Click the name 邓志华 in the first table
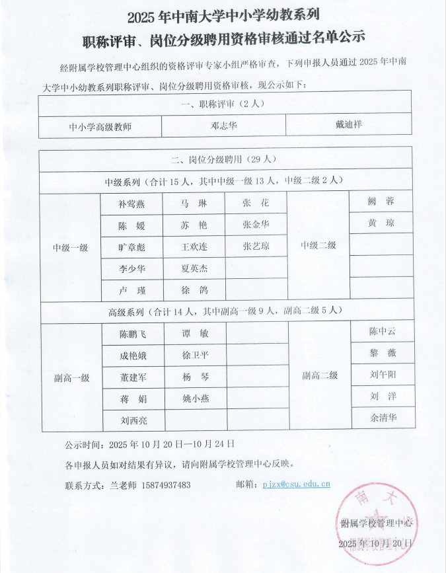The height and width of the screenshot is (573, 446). pos(223,125)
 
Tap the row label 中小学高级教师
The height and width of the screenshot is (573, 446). pos(100,126)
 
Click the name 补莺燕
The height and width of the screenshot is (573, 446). pos(132,204)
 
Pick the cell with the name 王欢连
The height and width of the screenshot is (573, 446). pos(194,247)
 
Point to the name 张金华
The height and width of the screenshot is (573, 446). pos(256,225)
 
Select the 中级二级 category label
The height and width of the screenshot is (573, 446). pos(318,245)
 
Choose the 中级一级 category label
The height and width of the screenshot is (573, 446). pos(71,247)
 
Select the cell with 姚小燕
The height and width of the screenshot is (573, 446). pos(196,399)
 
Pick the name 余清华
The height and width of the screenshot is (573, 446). pos(383,417)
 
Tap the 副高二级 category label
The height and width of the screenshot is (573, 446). pos(320,375)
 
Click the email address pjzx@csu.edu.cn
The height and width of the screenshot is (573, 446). pos(296,484)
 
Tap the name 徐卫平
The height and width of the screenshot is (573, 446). pos(195,356)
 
